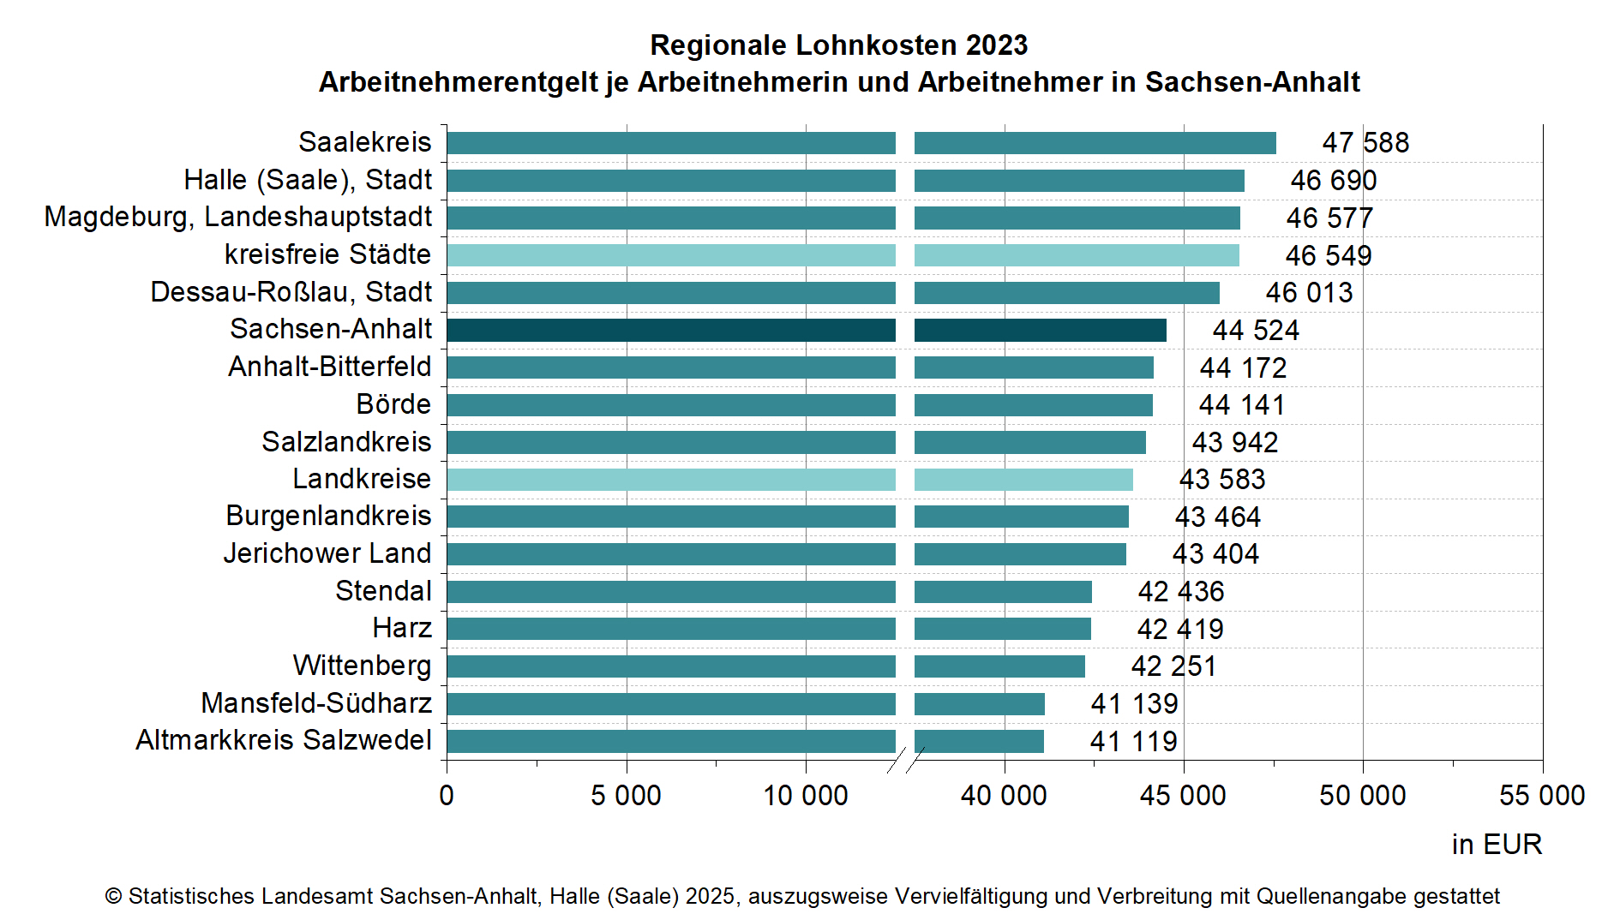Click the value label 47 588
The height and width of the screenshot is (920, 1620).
1365,142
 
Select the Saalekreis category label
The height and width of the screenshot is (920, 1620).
364,142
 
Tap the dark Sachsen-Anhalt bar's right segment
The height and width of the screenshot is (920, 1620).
1040,330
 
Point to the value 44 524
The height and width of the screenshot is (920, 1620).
1256,331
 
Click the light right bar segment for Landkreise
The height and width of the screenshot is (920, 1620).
1023,480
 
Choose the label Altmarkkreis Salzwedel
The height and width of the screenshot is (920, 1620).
284,740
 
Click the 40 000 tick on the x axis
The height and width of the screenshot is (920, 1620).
1004,796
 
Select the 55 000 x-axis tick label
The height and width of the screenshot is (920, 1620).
1541,796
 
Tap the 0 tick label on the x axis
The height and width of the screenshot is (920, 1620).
447,796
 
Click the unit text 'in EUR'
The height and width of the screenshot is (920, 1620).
1497,845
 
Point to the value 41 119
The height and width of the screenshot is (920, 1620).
1133,741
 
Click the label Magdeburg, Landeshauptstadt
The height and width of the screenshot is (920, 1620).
238,218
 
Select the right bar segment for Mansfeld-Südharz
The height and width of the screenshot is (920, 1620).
979,704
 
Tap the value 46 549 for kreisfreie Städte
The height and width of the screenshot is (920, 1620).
1328,255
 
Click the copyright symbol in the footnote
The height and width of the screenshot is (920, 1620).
113,897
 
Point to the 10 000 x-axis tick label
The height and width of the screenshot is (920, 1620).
806,796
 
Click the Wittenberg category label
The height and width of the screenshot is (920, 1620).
362,666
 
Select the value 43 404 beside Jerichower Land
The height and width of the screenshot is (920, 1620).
1215,554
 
